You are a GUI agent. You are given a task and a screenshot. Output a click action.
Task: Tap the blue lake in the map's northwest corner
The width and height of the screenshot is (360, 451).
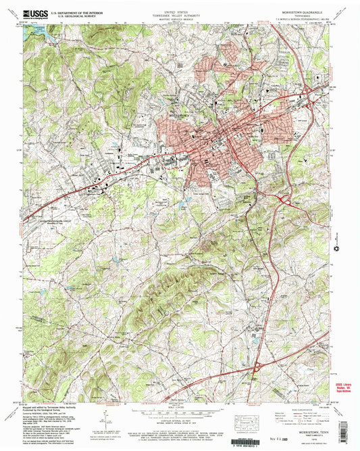tap(33, 30)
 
